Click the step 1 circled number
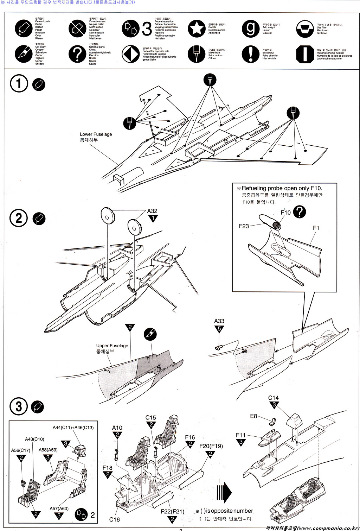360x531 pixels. click(x=19, y=84)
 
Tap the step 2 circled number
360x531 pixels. click(x=19, y=218)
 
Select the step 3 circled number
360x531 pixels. click(x=19, y=406)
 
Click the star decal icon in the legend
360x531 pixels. click(x=197, y=29)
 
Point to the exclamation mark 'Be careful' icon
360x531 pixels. click(x=250, y=54)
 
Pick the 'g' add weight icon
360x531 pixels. click(x=250, y=29)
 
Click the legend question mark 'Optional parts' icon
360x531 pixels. click(x=77, y=54)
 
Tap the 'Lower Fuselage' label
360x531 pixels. click(x=96, y=134)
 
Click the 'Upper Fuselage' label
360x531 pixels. click(x=112, y=346)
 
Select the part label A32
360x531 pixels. click(x=152, y=211)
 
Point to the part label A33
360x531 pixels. click(x=219, y=321)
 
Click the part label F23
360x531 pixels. click(x=244, y=226)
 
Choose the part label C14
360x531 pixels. click(x=273, y=398)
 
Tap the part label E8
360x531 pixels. click(x=253, y=416)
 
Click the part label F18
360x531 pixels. click(x=108, y=468)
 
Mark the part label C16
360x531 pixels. click(x=114, y=519)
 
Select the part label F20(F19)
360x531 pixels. click(x=211, y=446)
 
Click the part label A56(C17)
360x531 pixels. click(x=20, y=450)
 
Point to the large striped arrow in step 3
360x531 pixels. click(x=224, y=491)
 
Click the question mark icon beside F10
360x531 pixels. click(x=299, y=211)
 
